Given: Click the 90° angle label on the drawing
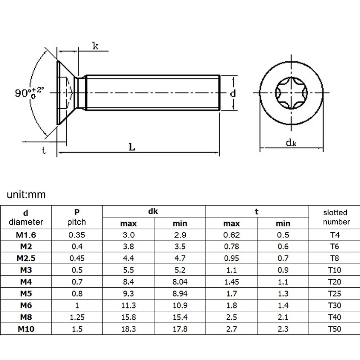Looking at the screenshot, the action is click(x=29, y=93).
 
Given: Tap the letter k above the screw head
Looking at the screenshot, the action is click(x=95, y=46).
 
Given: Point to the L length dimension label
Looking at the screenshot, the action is click(x=132, y=147).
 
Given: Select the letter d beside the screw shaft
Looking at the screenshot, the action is click(x=233, y=94).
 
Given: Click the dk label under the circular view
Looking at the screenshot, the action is click(x=291, y=143).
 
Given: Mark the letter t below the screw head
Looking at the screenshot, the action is click(x=44, y=150).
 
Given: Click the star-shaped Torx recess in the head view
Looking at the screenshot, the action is click(x=291, y=93).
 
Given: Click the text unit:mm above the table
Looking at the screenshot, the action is click(x=26, y=194).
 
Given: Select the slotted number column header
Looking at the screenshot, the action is click(x=336, y=217).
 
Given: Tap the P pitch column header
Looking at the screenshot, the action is click(x=77, y=217).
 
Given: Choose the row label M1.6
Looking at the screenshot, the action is click(x=26, y=235).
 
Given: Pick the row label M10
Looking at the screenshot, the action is click(x=26, y=329).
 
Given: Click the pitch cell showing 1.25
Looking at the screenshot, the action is click(x=77, y=317).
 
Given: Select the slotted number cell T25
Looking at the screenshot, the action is click(x=334, y=293).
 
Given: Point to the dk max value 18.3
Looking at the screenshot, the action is click(x=129, y=329).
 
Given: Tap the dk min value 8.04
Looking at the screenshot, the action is click(x=180, y=282).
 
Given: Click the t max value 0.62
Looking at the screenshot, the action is click(x=231, y=235).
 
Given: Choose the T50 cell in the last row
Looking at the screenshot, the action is click(x=334, y=329).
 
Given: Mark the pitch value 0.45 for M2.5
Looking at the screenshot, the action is click(x=77, y=258).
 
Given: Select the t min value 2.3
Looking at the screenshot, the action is click(x=283, y=329).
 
